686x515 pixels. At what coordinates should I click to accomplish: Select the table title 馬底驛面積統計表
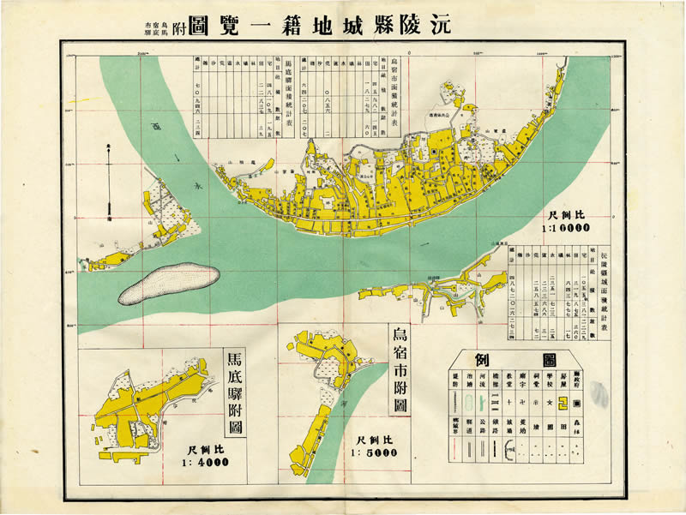click(x=288, y=94)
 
